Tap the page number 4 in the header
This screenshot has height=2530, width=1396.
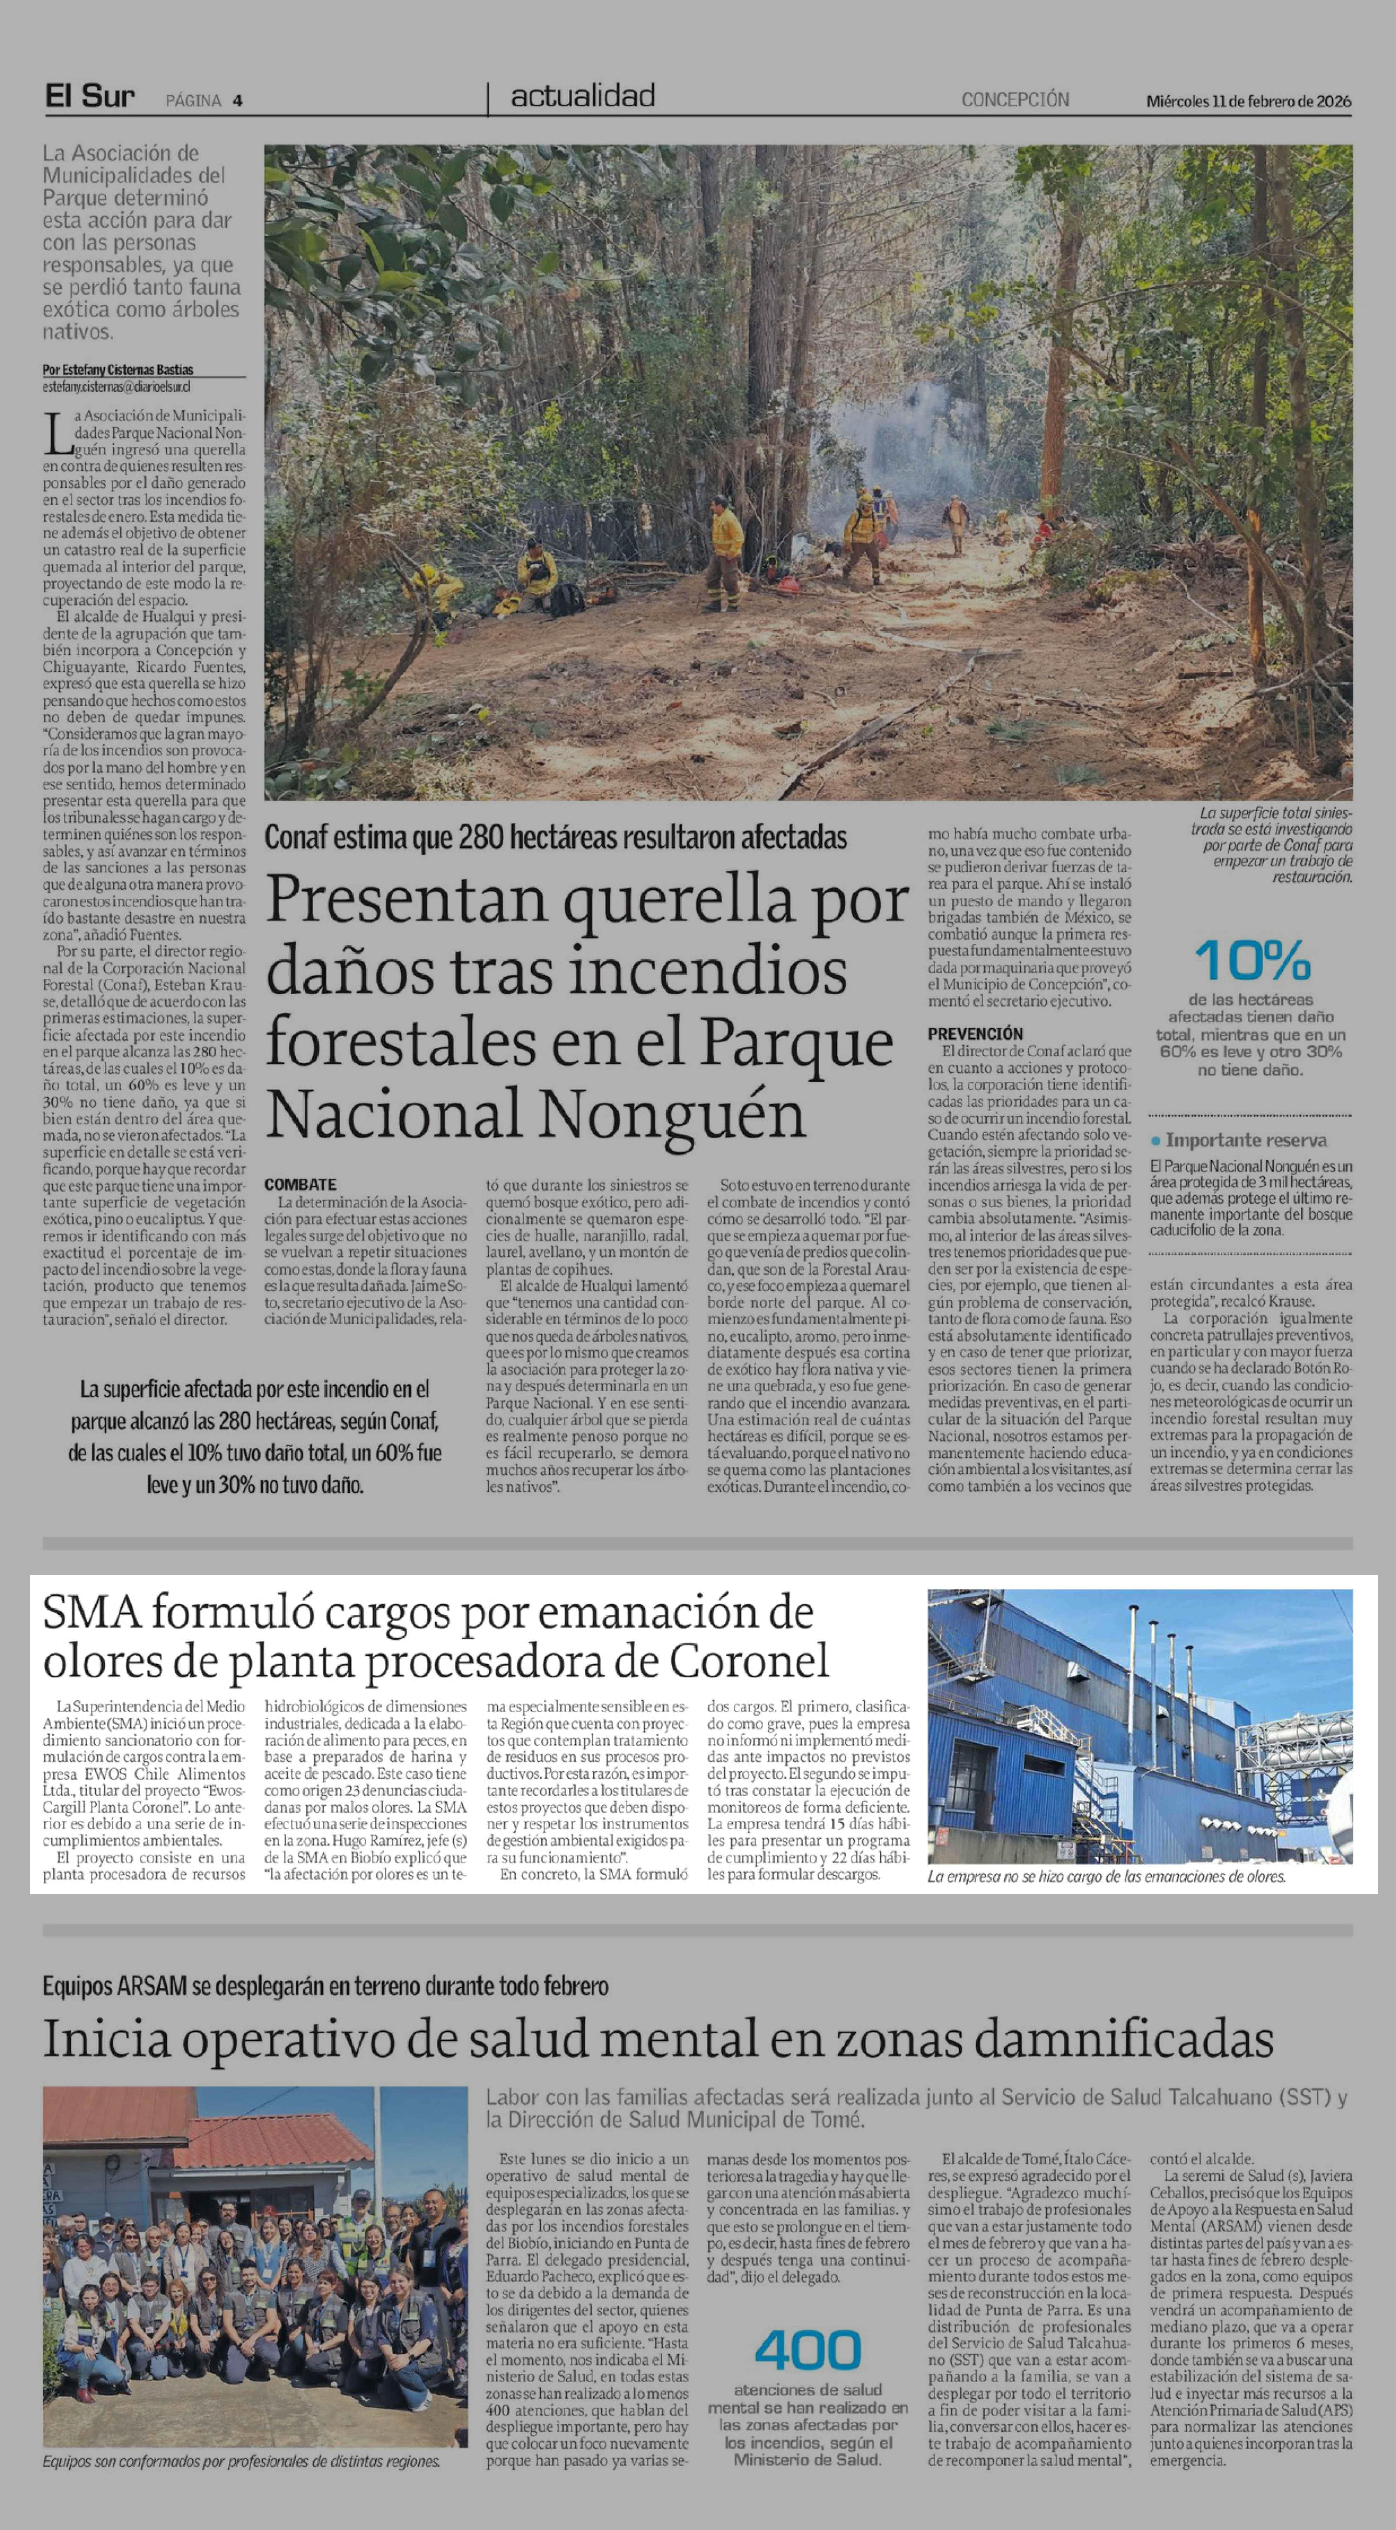coord(238,100)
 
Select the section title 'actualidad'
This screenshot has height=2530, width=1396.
coord(583,96)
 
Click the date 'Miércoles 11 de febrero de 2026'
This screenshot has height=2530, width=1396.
coord(1248,101)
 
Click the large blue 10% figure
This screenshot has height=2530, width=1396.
coord(1252,961)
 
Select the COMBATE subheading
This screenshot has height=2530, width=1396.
coord(300,1184)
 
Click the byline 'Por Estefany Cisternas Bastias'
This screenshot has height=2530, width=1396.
coord(118,370)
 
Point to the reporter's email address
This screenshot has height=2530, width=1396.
coord(116,387)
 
